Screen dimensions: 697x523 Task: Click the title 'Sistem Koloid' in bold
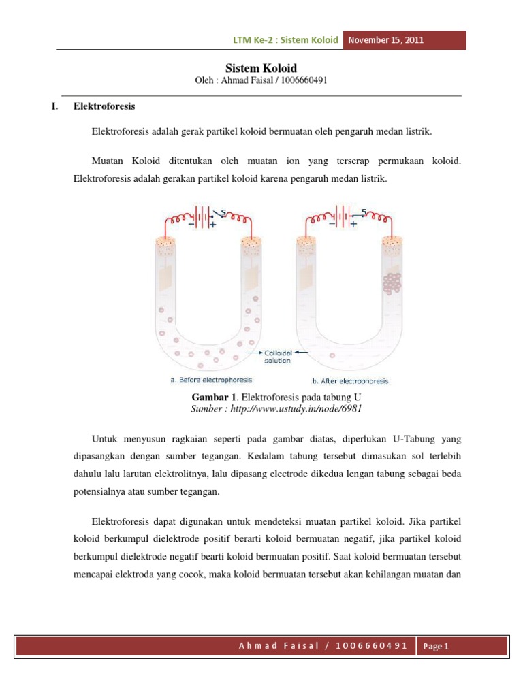coord(261,68)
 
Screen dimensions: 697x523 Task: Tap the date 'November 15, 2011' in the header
coord(386,40)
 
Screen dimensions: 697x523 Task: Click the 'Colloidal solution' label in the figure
coord(278,357)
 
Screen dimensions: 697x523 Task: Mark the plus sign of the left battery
coord(213,224)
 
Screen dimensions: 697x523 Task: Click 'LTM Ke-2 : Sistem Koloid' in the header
coord(285,40)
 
